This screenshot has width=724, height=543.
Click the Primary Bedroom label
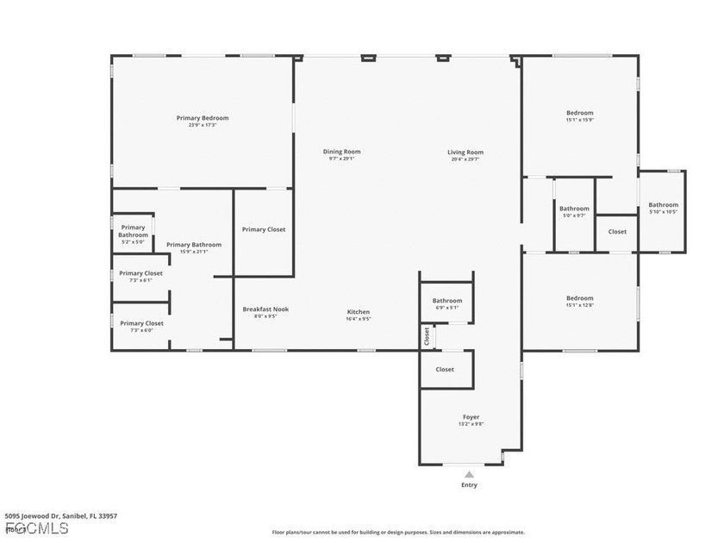pos(203,118)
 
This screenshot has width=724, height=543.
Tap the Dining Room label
pos(341,152)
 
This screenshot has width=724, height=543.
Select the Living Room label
pos(465,152)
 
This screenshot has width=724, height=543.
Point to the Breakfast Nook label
pos(265,309)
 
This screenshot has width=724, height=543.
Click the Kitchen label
pos(359,312)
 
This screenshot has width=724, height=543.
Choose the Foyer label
pos(471,417)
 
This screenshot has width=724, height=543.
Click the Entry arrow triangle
pos(469,474)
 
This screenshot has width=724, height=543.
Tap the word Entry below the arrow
pos(469,485)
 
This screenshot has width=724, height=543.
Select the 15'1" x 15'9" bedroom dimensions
pos(579,120)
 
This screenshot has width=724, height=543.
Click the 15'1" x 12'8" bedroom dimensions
pos(579,305)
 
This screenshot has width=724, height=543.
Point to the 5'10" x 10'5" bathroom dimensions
pos(663,212)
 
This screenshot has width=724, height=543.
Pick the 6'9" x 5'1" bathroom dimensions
pos(447,308)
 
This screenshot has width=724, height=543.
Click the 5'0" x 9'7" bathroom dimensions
pos(574,215)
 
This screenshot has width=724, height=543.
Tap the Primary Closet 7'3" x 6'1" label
pos(140,280)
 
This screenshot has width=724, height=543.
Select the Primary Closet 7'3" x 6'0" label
pos(140,330)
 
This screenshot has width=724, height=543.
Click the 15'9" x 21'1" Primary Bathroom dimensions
pos(194,252)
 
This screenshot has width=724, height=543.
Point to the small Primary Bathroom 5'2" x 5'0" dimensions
pos(133,242)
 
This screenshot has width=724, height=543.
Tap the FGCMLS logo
pos(36,527)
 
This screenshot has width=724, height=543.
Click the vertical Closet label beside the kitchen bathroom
pos(426,335)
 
